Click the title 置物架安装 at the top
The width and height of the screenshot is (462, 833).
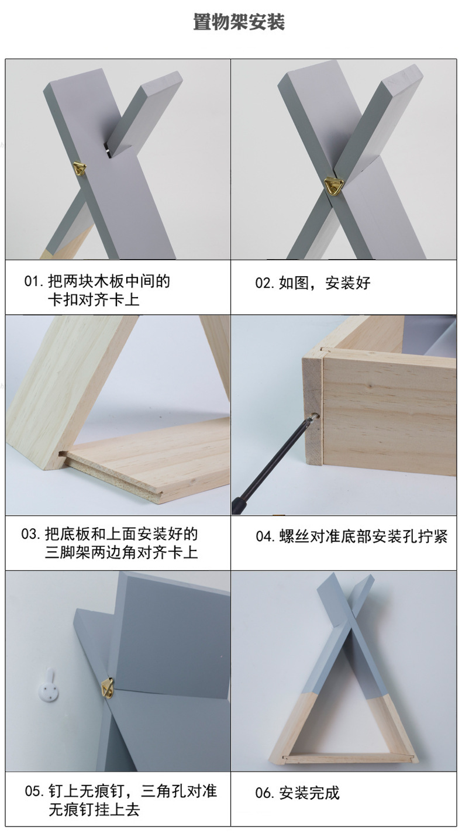point(239,23)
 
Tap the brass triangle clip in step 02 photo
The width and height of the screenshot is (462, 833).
point(335,186)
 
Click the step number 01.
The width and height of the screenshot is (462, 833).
point(33,281)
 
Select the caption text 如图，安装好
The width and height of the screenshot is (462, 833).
point(325,284)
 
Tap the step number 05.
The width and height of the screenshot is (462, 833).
point(34,792)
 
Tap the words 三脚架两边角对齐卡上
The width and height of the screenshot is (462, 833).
point(121,553)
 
